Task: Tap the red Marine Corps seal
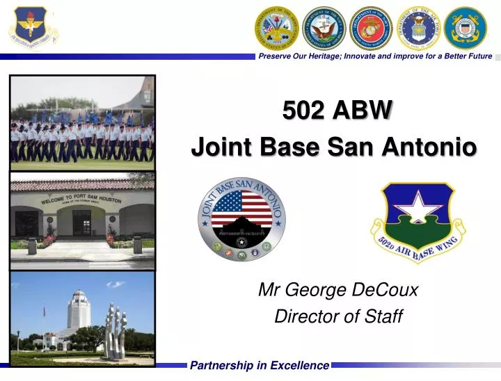(x=371, y=28)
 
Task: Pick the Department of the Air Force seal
(x=418, y=28)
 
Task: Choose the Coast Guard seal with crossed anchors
(x=466, y=28)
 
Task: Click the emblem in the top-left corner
(x=29, y=28)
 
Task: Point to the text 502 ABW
(x=337, y=110)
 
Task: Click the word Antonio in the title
(x=436, y=147)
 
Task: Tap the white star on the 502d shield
(x=418, y=205)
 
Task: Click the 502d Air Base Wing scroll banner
(x=417, y=251)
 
